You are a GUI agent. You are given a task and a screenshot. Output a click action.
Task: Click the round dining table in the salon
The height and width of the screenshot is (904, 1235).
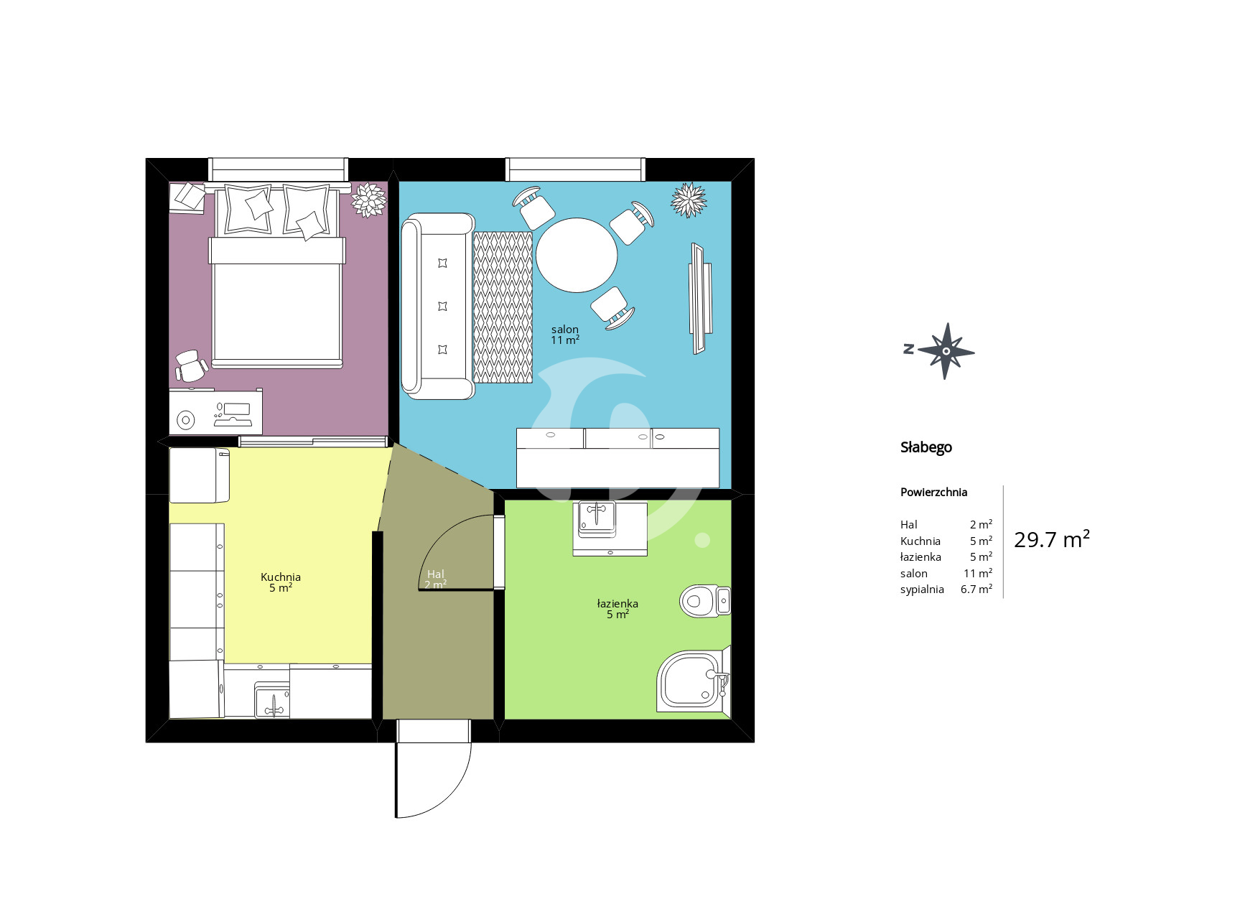click(x=577, y=255)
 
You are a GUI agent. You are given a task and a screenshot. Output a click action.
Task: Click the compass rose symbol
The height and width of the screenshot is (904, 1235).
click(x=946, y=351)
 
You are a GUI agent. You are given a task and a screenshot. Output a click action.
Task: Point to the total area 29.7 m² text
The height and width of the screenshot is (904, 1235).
click(x=1052, y=539)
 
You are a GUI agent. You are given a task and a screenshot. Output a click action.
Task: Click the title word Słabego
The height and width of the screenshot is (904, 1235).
click(x=926, y=447)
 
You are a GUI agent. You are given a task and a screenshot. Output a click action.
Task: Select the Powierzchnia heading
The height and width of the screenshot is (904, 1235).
click(x=933, y=492)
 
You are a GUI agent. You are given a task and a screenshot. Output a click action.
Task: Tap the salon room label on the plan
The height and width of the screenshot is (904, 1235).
click(x=565, y=330)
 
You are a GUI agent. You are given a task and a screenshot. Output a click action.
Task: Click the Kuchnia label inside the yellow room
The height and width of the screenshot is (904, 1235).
click(x=281, y=577)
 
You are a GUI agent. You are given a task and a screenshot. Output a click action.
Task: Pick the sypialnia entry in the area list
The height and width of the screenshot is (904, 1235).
click(x=922, y=590)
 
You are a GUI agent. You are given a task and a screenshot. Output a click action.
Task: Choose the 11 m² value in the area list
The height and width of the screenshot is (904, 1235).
click(x=978, y=573)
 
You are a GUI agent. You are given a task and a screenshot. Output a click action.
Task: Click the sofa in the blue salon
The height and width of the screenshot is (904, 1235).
click(x=437, y=306)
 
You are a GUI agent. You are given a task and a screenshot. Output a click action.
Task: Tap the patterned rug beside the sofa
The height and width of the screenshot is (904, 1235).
click(x=503, y=307)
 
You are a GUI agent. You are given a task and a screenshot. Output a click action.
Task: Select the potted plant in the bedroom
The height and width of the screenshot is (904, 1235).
click(x=369, y=200)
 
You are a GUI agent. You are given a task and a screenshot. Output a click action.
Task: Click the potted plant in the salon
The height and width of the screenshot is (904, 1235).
click(x=689, y=200)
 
